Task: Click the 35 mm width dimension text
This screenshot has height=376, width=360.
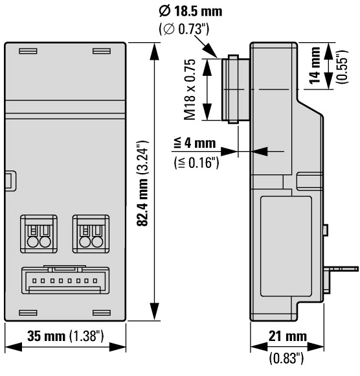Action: pos(46,336)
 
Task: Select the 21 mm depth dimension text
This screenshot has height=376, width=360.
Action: pos(287,336)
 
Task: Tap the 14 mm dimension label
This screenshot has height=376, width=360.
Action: pos(315,65)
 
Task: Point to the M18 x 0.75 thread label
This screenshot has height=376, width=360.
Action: pos(190,89)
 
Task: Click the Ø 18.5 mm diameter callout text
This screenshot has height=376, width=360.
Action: pos(190,11)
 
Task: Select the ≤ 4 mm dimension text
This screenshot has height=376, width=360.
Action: pos(195,143)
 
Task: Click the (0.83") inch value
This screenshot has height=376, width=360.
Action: pos(286,358)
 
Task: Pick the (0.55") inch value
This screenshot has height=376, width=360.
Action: pos(343,67)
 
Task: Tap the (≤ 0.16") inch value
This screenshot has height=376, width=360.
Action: pos(196,163)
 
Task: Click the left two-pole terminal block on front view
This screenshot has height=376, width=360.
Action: pos(39,234)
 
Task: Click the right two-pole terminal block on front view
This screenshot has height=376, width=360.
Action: pos(91,234)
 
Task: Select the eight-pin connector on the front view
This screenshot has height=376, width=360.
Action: pos(65,280)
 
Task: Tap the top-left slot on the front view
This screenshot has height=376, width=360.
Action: pos(28,51)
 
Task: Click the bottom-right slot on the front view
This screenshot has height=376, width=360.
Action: pos(102,312)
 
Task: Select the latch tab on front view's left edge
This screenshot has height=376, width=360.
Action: pos(10,181)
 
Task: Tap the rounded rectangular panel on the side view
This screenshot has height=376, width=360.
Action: pos(286,246)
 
